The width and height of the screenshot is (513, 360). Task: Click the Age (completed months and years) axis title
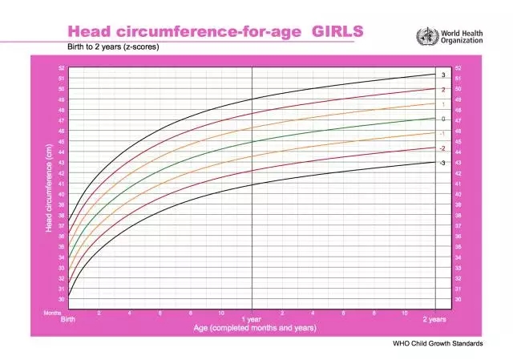point(254,327)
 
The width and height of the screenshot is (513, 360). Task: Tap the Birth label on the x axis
point(70,319)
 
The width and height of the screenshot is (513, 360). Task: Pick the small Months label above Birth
point(52,313)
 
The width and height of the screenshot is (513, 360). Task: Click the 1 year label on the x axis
point(252,319)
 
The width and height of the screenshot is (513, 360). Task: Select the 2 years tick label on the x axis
point(435,319)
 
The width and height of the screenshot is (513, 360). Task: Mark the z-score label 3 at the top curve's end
point(442,75)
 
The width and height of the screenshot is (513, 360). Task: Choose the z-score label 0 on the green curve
point(442,118)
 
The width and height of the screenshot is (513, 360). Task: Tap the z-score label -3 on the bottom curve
point(442,163)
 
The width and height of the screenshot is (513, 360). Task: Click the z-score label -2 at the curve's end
point(442,148)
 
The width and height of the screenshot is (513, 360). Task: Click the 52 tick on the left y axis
point(62,68)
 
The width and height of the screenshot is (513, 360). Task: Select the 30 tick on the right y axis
point(458,299)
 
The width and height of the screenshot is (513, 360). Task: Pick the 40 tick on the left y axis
point(62,194)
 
